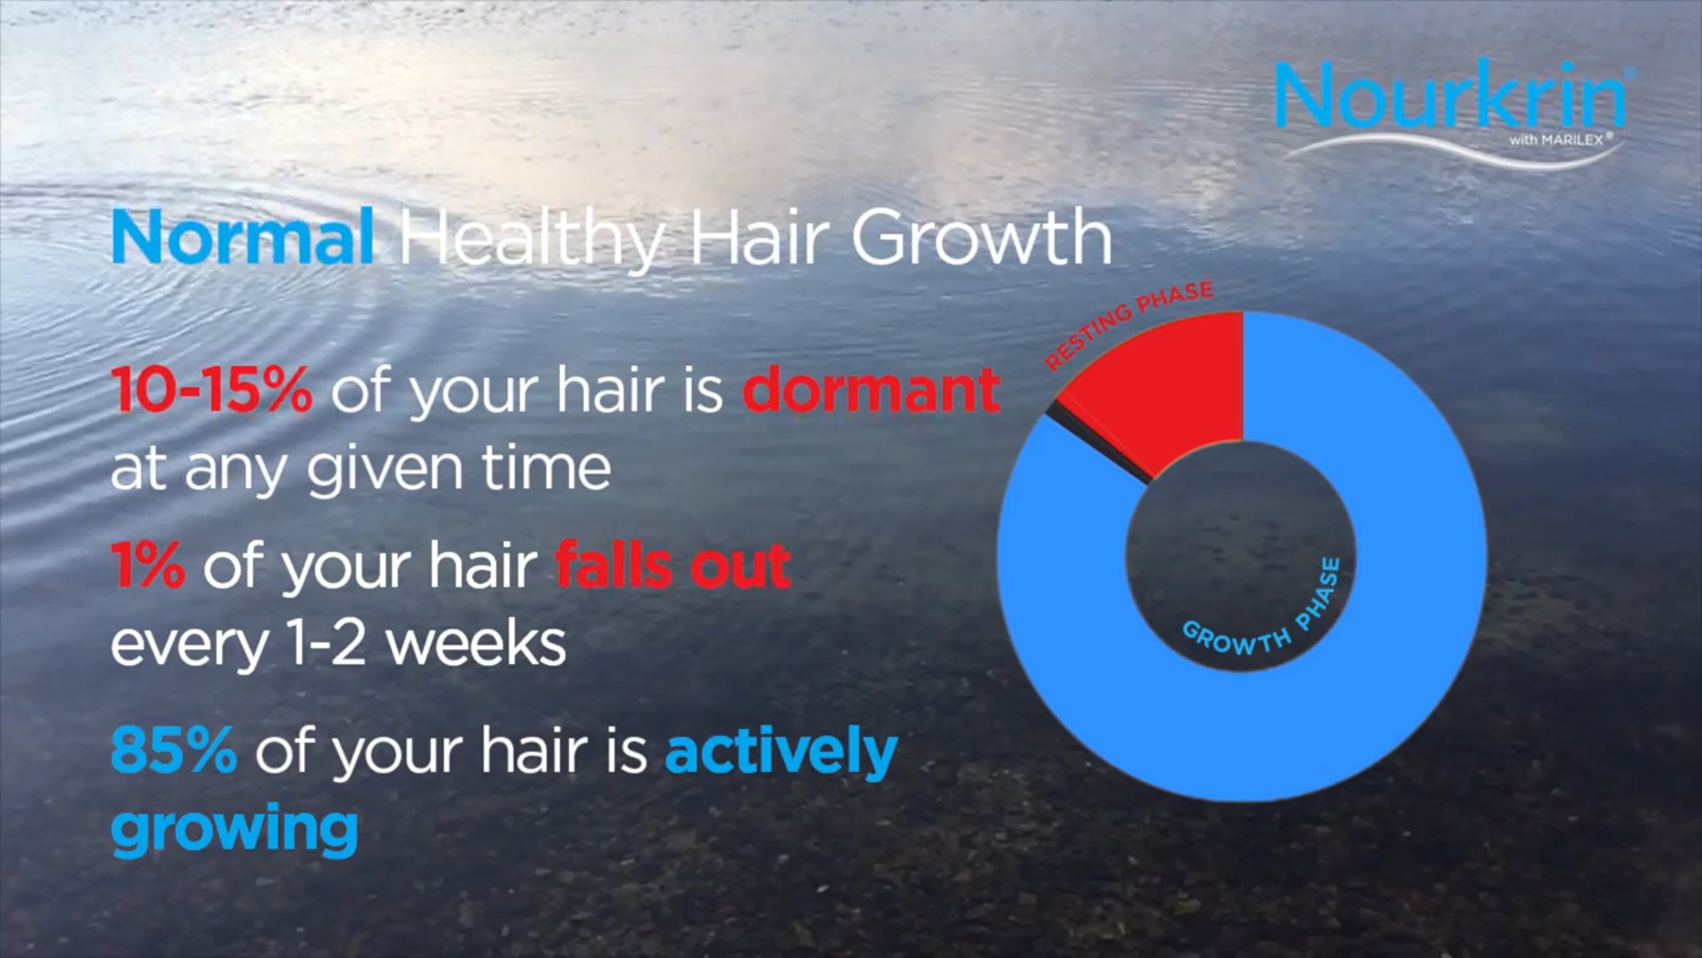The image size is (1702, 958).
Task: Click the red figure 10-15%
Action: (211, 390)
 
